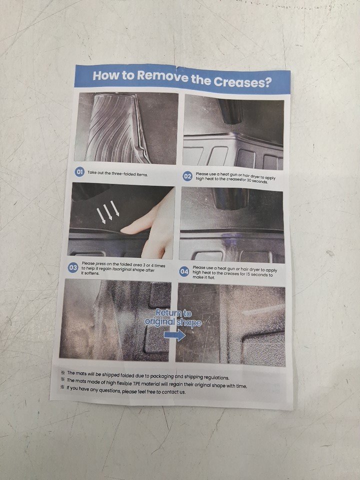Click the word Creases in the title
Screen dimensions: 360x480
[242, 81]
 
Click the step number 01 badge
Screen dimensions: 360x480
[79, 172]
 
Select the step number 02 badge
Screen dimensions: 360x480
[187, 176]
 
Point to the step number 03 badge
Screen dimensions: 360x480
[73, 268]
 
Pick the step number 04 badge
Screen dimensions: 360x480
[184, 271]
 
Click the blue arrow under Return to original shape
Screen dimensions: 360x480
[175, 335]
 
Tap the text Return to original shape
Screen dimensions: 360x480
[173, 318]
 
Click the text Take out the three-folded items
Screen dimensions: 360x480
[118, 173]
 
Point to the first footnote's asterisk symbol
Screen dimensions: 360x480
[63, 372]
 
